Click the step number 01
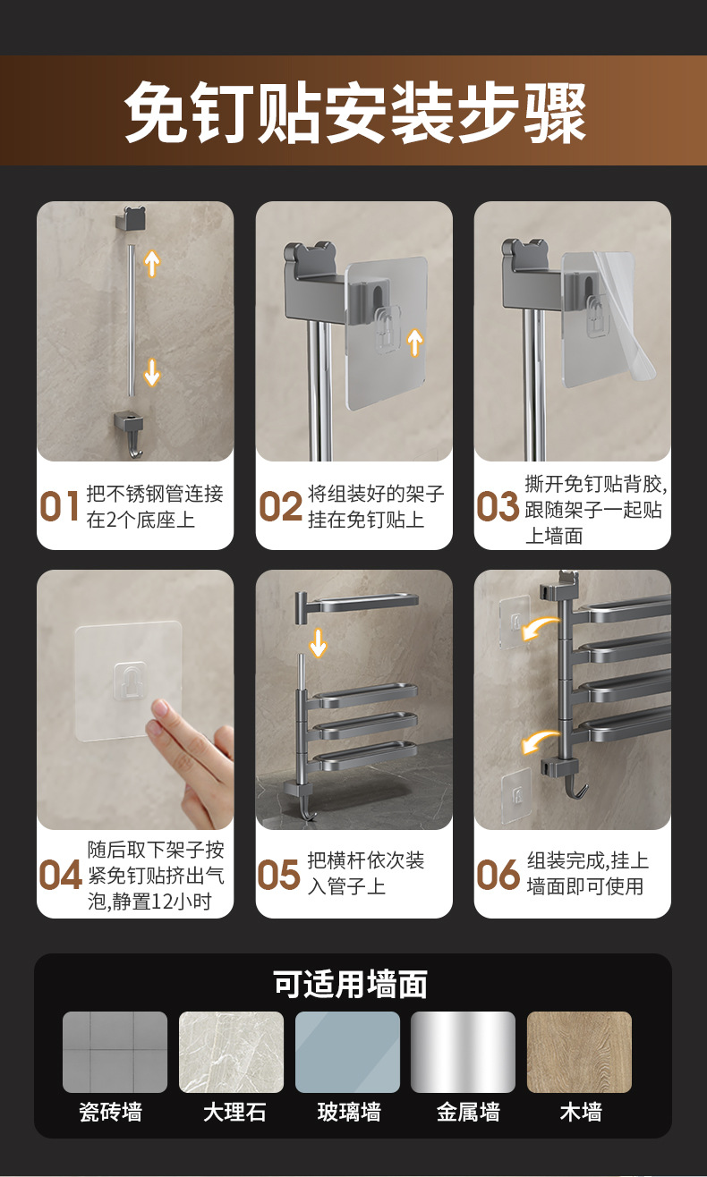coord(59,506)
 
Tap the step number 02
coord(280,506)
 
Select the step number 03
coord(498,506)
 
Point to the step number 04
coord(61,875)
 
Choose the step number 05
coord(278,875)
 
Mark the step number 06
coord(498,875)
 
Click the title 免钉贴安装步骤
coord(354,112)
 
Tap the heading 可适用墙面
coord(350,984)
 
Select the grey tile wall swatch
coord(115,1052)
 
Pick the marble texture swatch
coord(231,1052)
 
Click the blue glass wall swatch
coord(347,1052)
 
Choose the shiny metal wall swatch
coord(463,1052)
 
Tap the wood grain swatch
coord(579,1052)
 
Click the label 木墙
coord(581,1113)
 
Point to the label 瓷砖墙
coord(110,1113)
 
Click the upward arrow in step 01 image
coord(152,263)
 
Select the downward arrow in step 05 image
coord(318,643)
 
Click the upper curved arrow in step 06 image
coord(541,629)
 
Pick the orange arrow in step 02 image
coord(414,343)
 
